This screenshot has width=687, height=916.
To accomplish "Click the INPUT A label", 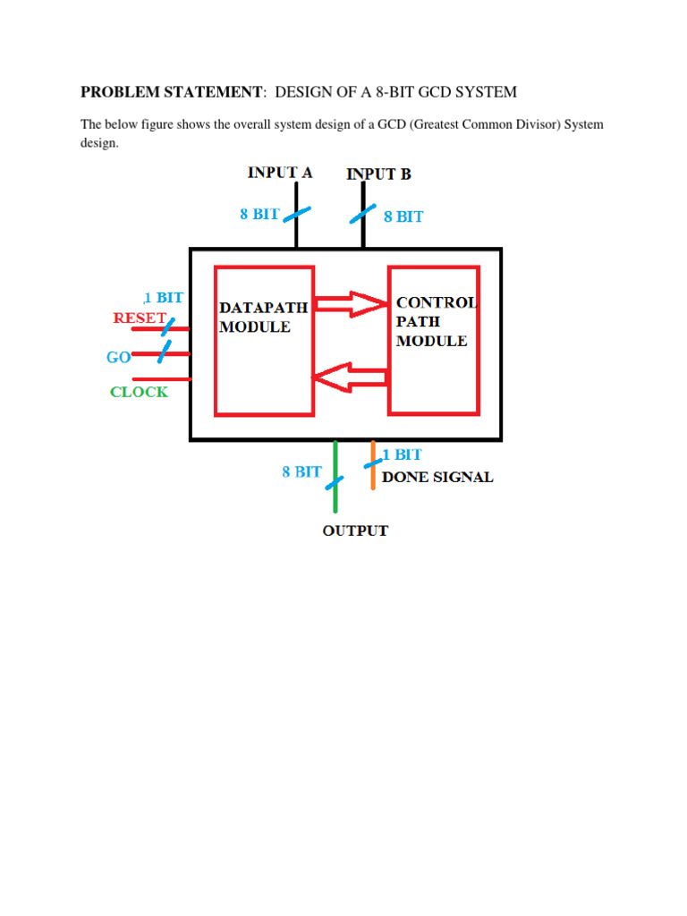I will click(280, 173).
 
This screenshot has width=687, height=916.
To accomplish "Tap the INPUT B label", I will click(378, 174).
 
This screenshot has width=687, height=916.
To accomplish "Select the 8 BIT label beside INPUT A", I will click(259, 215).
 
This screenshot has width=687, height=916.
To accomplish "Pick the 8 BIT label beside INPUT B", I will click(403, 216).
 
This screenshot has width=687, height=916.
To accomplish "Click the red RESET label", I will click(140, 318).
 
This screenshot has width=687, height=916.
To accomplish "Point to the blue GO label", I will click(119, 358).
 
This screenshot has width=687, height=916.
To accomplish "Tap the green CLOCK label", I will click(139, 392).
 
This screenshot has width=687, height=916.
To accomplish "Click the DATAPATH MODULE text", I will click(263, 317).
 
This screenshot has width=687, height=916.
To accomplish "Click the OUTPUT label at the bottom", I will click(355, 530).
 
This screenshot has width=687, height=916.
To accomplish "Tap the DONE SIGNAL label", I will click(437, 477).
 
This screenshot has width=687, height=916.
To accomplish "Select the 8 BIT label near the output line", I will click(301, 471).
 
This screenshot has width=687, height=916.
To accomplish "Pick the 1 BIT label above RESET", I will click(164, 298).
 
